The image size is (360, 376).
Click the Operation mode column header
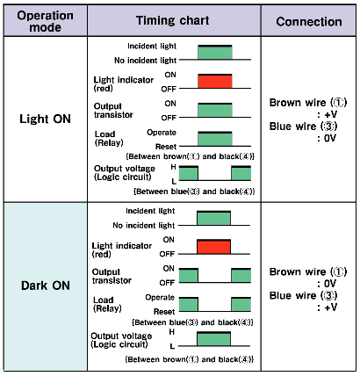46,21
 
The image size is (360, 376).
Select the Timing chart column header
173,20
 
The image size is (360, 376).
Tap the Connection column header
309,22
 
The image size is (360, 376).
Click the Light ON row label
46,119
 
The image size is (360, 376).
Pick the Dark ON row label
46,286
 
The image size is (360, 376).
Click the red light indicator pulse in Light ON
215,81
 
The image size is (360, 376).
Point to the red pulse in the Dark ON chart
213,247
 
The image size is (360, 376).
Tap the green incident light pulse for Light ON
215,52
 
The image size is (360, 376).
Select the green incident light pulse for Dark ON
213,218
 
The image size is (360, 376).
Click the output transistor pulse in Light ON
215,110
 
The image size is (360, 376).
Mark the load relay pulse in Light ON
215,139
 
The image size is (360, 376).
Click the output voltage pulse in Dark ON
213,339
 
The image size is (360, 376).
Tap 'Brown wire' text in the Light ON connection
298,103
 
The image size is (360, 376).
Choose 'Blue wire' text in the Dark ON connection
292,295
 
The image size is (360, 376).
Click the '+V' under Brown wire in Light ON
331,114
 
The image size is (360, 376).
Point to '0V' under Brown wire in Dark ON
331,284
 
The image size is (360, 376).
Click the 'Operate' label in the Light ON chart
162,133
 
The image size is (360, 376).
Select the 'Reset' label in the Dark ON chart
164,311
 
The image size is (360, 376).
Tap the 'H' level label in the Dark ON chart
172,332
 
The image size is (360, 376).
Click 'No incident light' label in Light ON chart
146,61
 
